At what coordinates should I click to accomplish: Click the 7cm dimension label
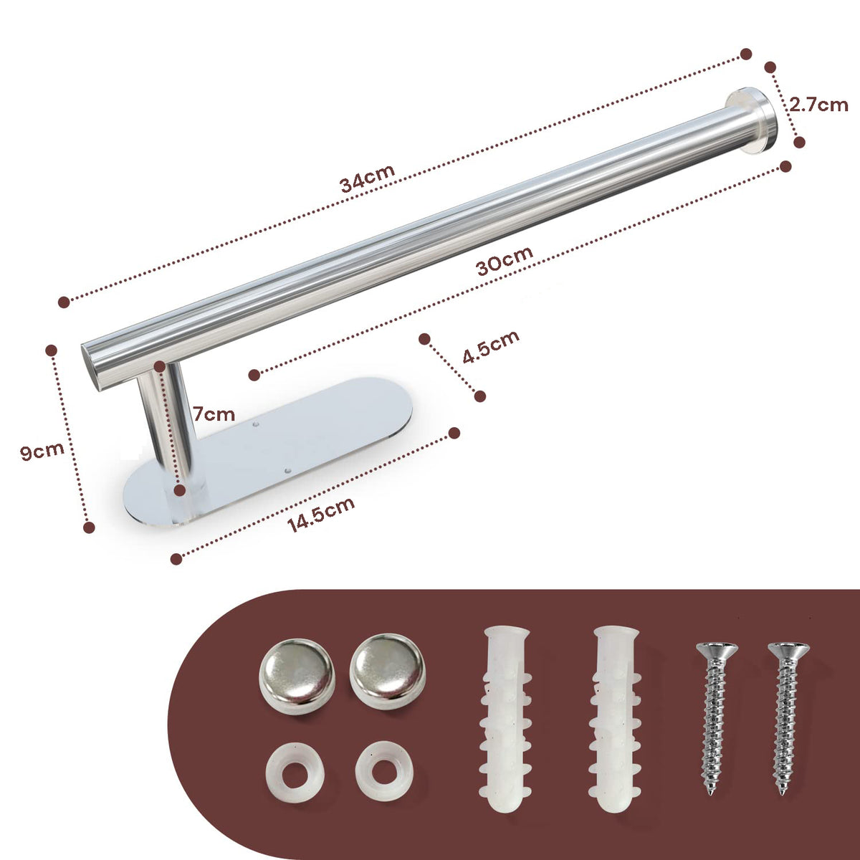(213, 414)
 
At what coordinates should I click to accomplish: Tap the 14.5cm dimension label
(321, 515)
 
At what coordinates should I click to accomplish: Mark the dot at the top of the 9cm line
(51, 350)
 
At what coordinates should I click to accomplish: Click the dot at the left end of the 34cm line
(64, 302)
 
